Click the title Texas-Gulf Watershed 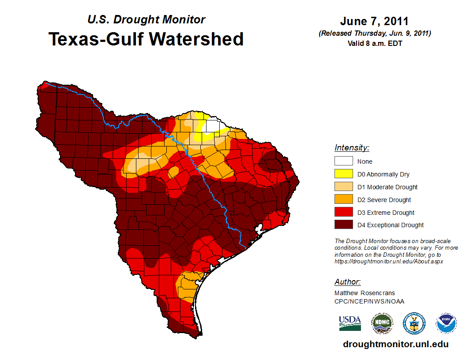(x=146, y=39)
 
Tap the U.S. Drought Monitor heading (x=146, y=19)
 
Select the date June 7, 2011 (x=374, y=21)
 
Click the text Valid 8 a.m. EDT (x=374, y=43)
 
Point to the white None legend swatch (x=343, y=161)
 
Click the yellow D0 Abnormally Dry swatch (x=343, y=174)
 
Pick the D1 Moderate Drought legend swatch (x=343, y=187)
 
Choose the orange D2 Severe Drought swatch (x=343, y=200)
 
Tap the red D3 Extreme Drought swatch (x=343, y=213)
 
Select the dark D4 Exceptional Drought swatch (x=343, y=225)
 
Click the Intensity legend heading (x=352, y=148)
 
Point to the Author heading (x=347, y=282)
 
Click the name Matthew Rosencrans (x=365, y=293)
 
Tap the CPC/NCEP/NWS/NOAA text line (x=369, y=301)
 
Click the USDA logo (x=350, y=323)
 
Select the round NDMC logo (x=382, y=323)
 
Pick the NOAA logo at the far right (x=446, y=323)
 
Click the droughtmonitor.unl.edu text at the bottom (x=395, y=345)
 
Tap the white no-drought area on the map (x=212, y=126)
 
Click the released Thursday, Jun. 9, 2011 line (x=374, y=34)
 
